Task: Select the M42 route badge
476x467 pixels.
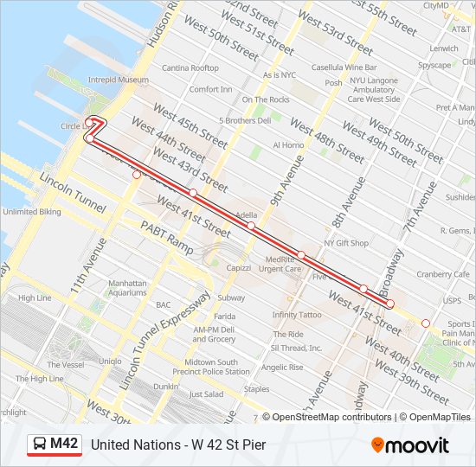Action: point(55,445)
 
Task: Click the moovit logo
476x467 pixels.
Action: point(409,445)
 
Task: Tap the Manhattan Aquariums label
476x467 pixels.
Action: point(128,287)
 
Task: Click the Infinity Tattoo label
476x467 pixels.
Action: point(296,315)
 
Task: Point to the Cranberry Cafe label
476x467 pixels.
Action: point(441,274)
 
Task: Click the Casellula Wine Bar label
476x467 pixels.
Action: point(344,67)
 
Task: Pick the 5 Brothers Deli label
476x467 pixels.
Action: point(245,121)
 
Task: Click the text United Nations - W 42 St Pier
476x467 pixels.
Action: point(177,445)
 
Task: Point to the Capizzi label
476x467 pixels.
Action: point(238,268)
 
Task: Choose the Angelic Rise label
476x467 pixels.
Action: point(282,367)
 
